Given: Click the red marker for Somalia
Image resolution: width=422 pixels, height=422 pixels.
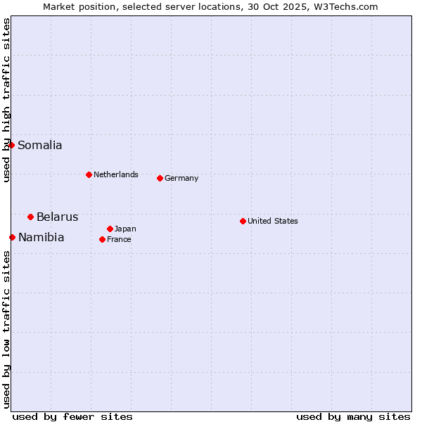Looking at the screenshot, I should pyautogui.click(x=12, y=146).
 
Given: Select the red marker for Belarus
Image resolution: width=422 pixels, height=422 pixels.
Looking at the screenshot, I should pyautogui.click(x=31, y=217).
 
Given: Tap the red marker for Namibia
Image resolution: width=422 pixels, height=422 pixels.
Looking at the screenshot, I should pyautogui.click(x=13, y=237).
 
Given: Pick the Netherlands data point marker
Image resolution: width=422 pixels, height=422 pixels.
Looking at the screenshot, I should pyautogui.click(x=89, y=174).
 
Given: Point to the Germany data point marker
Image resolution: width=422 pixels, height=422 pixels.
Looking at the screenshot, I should pyautogui.click(x=160, y=178).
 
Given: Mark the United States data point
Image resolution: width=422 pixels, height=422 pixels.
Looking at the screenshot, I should pyautogui.click(x=243, y=221).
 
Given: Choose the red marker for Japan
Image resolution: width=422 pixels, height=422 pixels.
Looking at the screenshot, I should pyautogui.click(x=110, y=229).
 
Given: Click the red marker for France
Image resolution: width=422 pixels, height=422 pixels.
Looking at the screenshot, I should pyautogui.click(x=103, y=239).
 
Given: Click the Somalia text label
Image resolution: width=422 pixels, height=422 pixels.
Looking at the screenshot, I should pyautogui.click(x=40, y=146).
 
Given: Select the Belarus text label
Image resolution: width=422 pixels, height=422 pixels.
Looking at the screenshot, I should pyautogui.click(x=58, y=217).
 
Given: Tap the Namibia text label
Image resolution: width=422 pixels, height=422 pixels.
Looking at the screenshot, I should pyautogui.click(x=41, y=237).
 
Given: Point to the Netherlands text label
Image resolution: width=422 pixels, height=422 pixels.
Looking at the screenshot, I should pyautogui.click(x=116, y=174).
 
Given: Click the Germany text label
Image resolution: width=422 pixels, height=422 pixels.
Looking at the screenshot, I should pyautogui.click(x=181, y=178).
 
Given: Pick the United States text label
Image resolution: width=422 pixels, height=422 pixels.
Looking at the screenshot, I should pyautogui.click(x=273, y=221).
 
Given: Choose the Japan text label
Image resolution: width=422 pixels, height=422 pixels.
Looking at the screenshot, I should pyautogui.click(x=125, y=229).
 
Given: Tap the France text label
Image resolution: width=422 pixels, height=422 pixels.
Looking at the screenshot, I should pyautogui.click(x=119, y=239).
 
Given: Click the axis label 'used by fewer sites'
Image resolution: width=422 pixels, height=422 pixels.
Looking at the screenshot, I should pyautogui.click(x=72, y=416).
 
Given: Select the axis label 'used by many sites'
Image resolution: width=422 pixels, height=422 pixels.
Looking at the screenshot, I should pyautogui.click(x=353, y=416).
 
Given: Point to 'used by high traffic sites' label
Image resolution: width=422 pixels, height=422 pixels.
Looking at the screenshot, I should pyautogui.click(x=6, y=100).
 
